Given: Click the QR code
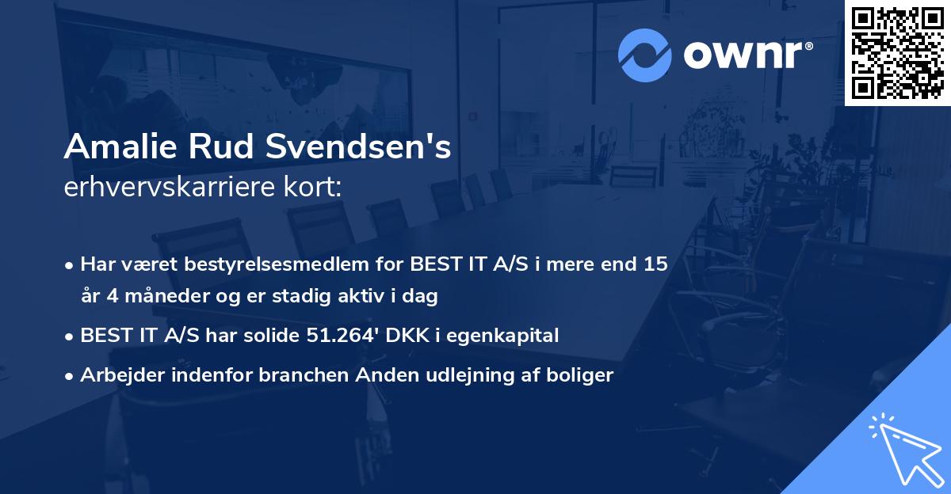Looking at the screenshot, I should [x=897, y=53].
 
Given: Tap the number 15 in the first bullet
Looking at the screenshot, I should [x=655, y=264].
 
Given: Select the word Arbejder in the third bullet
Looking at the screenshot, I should [x=116, y=375].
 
